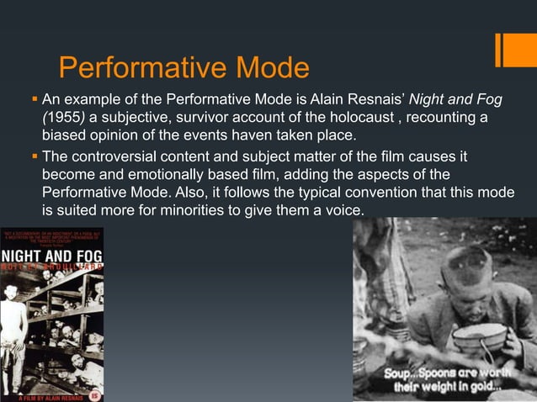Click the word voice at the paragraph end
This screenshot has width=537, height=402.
click(x=340, y=212)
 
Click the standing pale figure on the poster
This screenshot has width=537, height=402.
click(x=13, y=328)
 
